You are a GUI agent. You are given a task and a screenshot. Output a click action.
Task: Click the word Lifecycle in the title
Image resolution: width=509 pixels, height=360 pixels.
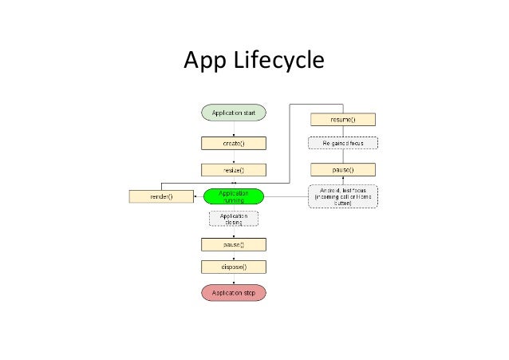281,61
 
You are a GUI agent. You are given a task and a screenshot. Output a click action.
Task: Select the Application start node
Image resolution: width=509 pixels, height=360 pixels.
233,114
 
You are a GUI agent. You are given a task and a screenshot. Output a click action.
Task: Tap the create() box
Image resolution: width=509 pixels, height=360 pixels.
233,144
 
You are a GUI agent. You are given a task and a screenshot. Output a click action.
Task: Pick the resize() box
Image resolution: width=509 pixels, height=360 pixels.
233,169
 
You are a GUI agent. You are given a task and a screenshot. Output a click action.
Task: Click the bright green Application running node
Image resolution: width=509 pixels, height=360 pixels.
233,195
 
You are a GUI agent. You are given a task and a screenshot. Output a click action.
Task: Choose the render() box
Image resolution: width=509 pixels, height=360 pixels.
161,196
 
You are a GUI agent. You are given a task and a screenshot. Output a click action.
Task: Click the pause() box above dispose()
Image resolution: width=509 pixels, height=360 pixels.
233,244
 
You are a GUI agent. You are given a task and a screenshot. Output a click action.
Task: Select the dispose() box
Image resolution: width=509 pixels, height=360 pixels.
233,267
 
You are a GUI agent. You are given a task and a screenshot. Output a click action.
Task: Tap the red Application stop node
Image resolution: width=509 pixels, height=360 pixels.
233,293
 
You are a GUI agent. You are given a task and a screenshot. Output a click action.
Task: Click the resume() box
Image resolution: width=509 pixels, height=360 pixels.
342,120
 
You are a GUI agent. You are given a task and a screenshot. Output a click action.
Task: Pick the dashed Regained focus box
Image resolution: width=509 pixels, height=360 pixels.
342,144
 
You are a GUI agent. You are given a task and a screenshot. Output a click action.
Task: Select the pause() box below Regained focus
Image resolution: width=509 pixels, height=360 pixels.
342,169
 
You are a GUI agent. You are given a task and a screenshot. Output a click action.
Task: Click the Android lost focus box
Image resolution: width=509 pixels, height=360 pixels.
342,196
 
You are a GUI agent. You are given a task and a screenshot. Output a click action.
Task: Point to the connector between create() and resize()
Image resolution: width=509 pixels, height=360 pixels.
233,156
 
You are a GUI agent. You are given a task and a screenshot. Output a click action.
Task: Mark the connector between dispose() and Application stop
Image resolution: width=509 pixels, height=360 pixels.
233,279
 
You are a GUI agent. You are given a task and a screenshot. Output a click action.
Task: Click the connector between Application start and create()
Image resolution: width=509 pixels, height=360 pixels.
233,129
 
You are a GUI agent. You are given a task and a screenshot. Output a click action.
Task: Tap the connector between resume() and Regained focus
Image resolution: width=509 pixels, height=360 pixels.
342,132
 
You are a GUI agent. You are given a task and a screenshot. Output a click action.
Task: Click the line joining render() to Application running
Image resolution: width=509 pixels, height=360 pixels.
198,196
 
